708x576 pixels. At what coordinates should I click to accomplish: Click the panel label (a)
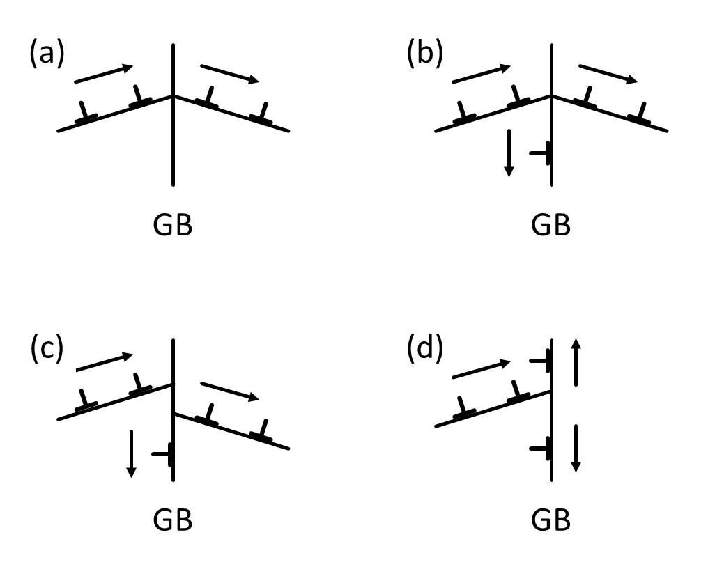tap(47, 55)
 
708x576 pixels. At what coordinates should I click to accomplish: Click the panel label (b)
tap(425, 55)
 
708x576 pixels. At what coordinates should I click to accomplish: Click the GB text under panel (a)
tap(172, 226)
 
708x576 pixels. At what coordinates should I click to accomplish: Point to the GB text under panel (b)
tap(551, 226)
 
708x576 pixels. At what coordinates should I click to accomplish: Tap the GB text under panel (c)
tap(172, 520)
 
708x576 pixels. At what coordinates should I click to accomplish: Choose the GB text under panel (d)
tap(551, 520)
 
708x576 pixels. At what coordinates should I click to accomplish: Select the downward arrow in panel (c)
tap(130, 454)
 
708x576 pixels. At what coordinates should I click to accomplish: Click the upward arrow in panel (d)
tap(575, 362)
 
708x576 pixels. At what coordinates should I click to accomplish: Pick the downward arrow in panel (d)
tap(575, 448)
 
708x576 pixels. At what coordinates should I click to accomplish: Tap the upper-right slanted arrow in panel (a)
tap(229, 74)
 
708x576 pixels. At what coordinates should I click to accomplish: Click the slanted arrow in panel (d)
tap(482, 369)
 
